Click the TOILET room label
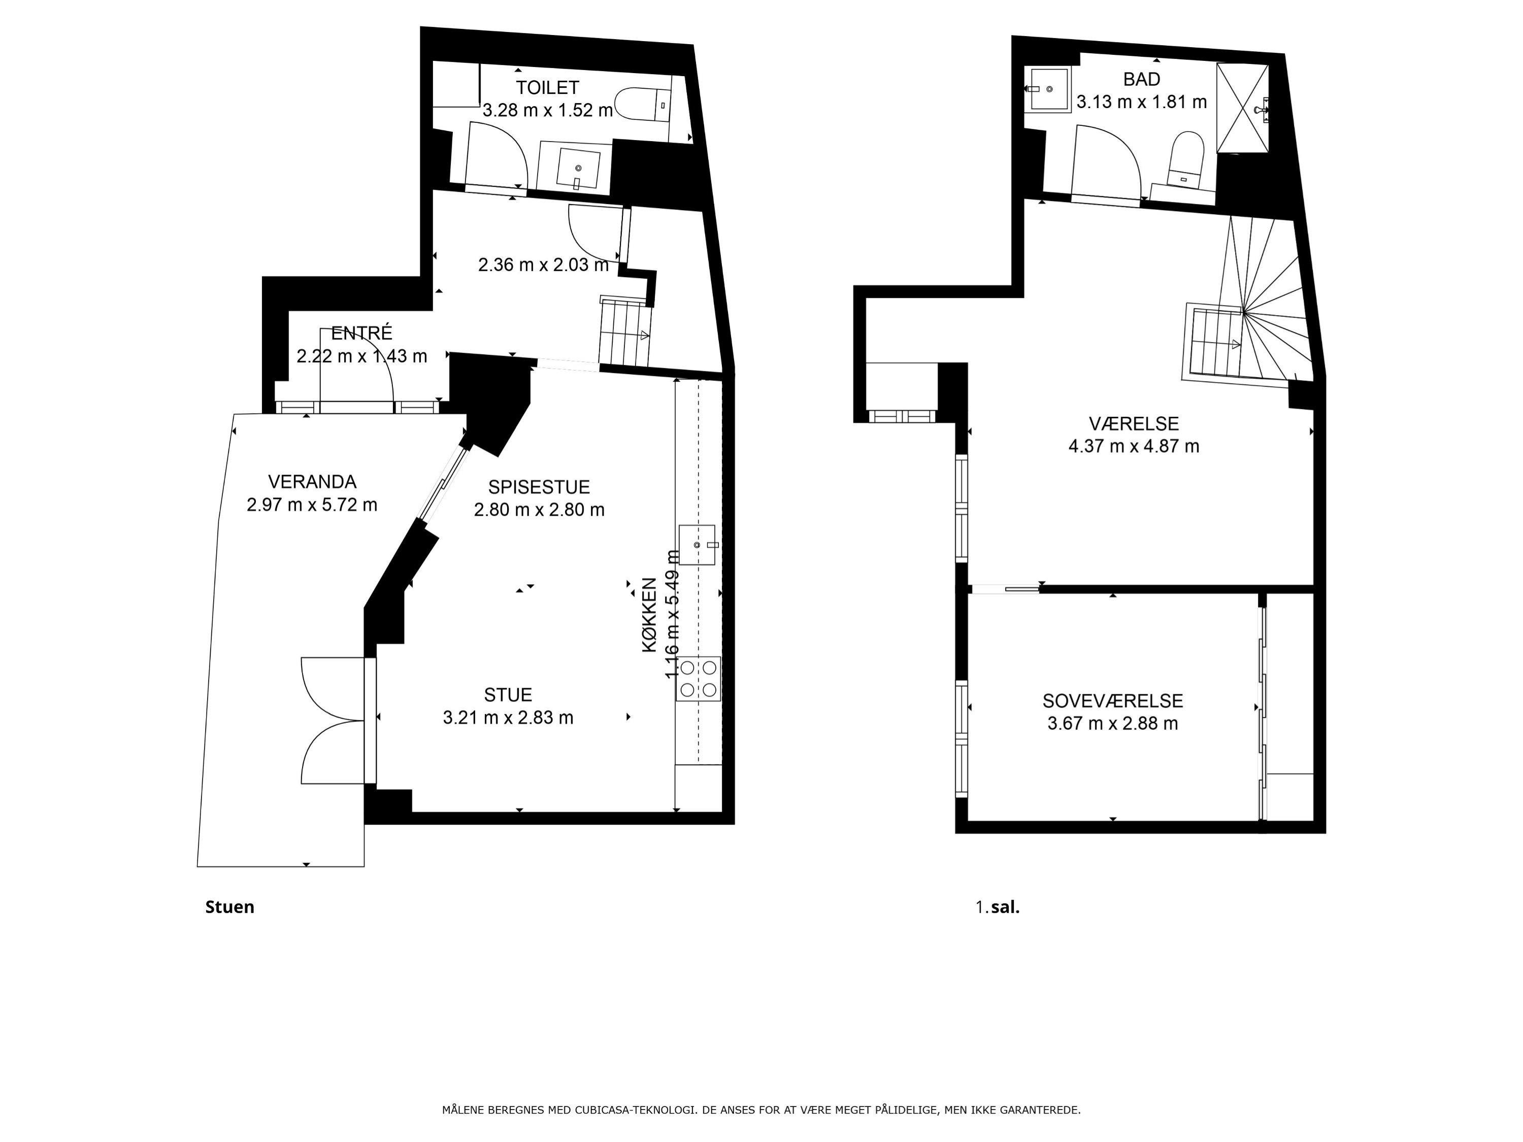[x=547, y=87]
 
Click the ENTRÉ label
[x=361, y=333]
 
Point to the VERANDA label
[x=312, y=482]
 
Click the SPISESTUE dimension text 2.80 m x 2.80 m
[x=539, y=510]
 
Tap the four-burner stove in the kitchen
[x=698, y=679]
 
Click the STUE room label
[x=508, y=694]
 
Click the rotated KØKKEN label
[x=650, y=615]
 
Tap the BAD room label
[x=1142, y=79]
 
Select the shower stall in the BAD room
[x=1243, y=108]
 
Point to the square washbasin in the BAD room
[x=1047, y=89]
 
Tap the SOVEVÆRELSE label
[x=1113, y=701]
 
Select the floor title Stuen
[x=230, y=908]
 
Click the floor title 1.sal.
[x=998, y=908]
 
